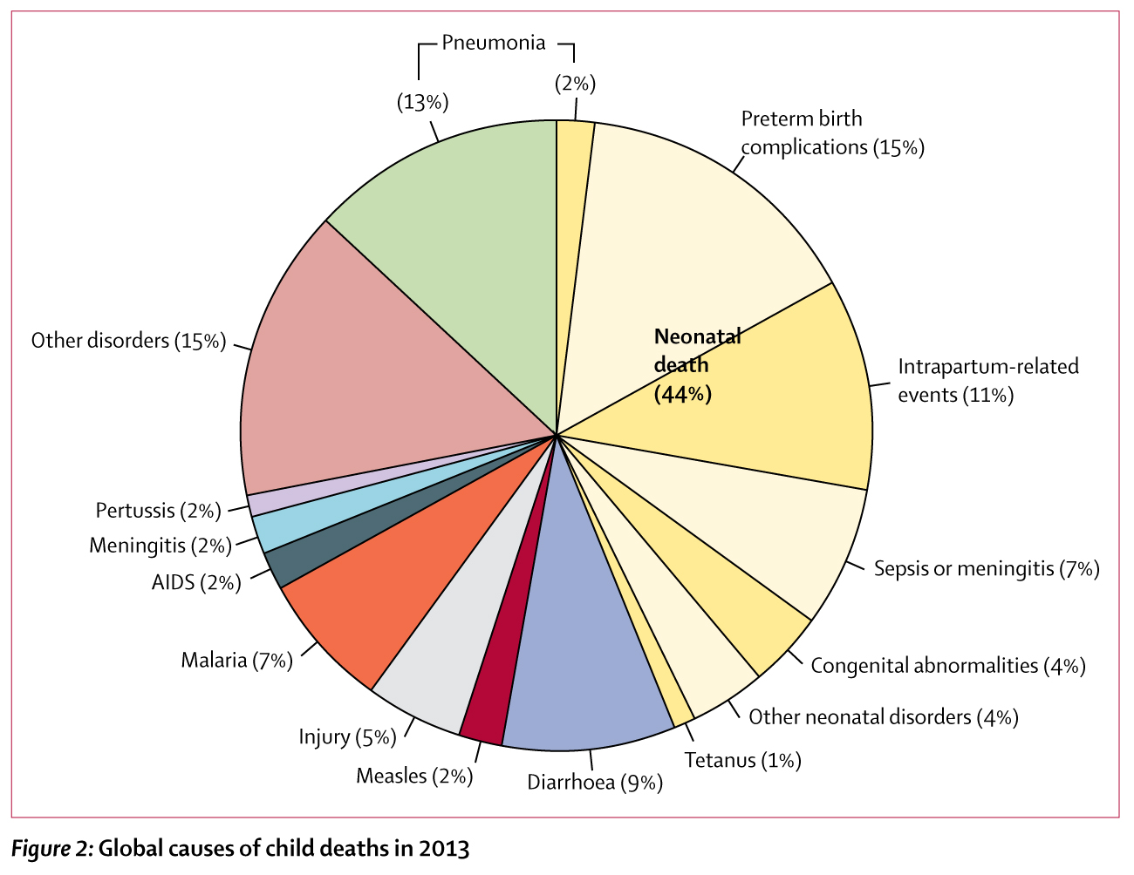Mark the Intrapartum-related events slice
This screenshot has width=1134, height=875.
785,392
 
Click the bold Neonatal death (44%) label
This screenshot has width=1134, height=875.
696,365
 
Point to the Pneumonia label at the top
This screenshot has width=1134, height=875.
494,43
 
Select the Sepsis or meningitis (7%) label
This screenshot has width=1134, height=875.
986,569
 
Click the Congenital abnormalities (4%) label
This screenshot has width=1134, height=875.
948,666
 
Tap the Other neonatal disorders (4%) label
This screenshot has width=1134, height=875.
884,716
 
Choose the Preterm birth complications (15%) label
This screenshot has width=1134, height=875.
832,132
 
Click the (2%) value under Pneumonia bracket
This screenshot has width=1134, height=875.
575,84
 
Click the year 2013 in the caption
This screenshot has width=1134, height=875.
444,848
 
